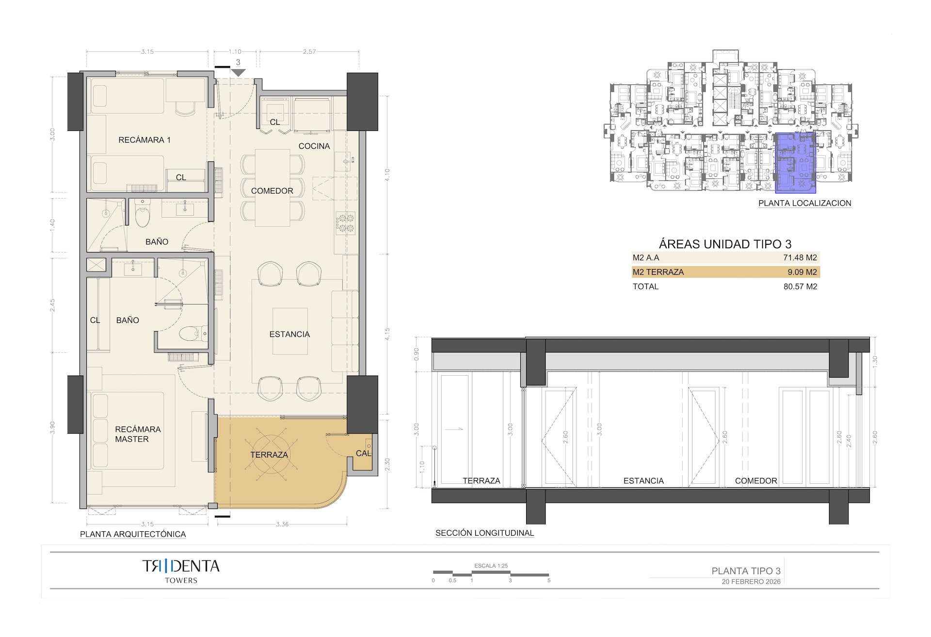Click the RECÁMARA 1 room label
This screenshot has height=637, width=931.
pos(144,140)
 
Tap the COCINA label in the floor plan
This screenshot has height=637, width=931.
pos(314,146)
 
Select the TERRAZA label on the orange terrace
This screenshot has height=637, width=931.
pos(269,455)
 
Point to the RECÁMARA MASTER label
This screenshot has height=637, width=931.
pos(138,434)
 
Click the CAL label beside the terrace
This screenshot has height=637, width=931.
pos(363,453)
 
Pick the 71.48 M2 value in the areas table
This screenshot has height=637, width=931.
pos(800,258)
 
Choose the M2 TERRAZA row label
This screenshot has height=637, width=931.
pos(658,272)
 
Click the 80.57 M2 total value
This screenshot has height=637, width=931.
pos(800,287)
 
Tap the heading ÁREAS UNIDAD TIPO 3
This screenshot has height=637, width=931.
pos(725,244)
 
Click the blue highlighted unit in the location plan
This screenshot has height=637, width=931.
pos(795,163)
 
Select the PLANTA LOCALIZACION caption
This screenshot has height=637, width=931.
pos(804,203)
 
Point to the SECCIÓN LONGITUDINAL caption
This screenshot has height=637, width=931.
pos(484,533)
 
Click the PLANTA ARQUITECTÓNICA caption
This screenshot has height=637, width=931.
pos(133,534)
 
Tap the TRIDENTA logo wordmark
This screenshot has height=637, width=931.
pos(181,566)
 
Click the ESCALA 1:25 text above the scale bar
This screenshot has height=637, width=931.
pos(491,566)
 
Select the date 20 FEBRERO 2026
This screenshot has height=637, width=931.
pos(751,582)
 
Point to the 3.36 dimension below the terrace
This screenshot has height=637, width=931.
pos(282,524)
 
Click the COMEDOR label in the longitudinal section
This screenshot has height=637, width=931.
pos(755,481)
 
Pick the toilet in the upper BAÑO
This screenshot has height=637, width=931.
pos(143,218)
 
